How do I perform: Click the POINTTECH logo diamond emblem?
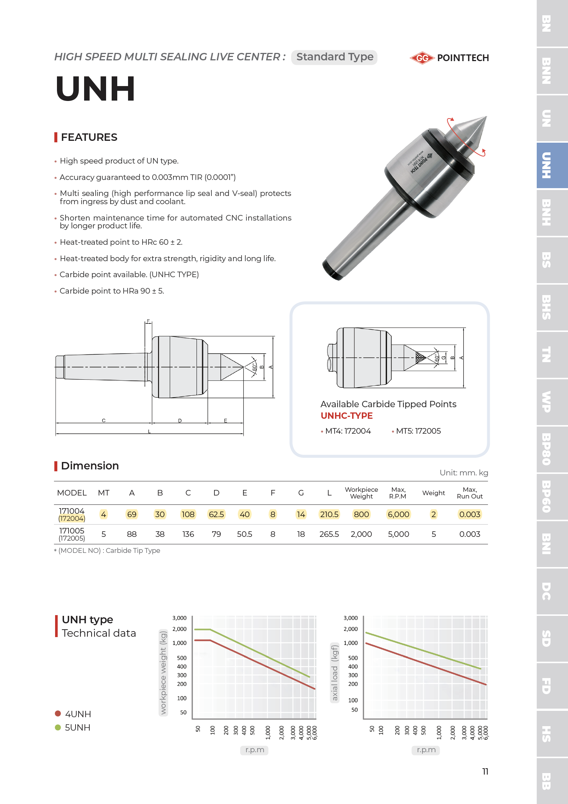pyautogui.click(x=422, y=58)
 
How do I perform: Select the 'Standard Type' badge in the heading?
pyautogui.click(x=334, y=57)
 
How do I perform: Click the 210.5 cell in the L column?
pyautogui.click(x=329, y=515)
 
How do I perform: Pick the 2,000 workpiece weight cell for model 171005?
pyautogui.click(x=361, y=534)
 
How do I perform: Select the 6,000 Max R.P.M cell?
pyautogui.click(x=398, y=515)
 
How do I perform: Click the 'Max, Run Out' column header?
pyautogui.click(x=469, y=493)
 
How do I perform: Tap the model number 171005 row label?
pyautogui.click(x=72, y=531)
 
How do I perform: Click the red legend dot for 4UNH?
pyautogui.click(x=58, y=713)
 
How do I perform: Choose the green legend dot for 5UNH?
pyautogui.click(x=58, y=727)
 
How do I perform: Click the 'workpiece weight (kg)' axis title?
pyautogui.click(x=163, y=672)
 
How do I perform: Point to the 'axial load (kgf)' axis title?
pyautogui.click(x=335, y=673)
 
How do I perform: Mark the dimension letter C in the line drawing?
pyautogui.click(x=104, y=421)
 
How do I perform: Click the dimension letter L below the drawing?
pyautogui.click(x=149, y=431)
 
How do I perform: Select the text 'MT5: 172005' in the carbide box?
pyautogui.click(x=418, y=431)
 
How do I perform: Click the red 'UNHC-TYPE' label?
pyautogui.click(x=347, y=416)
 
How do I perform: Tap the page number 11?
pyautogui.click(x=485, y=772)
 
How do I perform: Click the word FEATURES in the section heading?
pyautogui.click(x=89, y=137)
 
